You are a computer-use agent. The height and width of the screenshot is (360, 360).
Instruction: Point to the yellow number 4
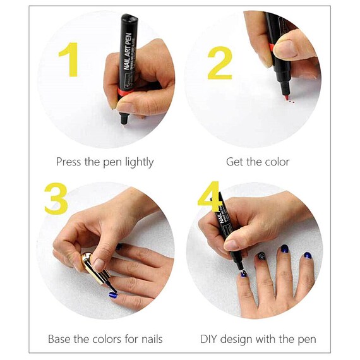(208, 196)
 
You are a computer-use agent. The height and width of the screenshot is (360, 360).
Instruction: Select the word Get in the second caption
(235, 162)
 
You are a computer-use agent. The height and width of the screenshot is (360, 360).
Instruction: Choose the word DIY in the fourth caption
(211, 339)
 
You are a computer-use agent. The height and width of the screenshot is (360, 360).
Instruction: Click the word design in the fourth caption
(243, 339)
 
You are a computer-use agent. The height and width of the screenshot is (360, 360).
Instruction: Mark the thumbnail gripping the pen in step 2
(286, 49)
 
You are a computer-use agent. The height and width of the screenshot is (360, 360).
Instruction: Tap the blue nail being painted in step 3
(114, 294)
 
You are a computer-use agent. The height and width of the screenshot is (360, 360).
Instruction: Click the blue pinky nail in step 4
(308, 256)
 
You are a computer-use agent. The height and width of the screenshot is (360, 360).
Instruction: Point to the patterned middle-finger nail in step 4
(261, 256)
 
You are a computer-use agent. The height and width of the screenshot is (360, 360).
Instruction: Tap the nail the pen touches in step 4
(243, 273)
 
